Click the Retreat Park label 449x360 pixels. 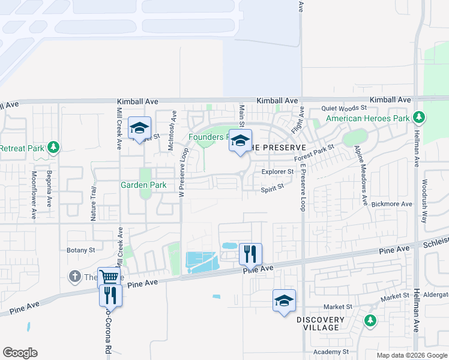pyautogui.click(x=22, y=148)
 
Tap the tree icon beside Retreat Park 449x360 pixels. pyautogui.click(x=53, y=147)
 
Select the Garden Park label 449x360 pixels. pyautogui.click(x=143, y=185)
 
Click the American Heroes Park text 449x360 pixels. pyautogui.click(x=367, y=118)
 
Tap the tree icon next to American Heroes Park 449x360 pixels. pyautogui.click(x=419, y=118)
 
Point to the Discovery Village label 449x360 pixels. pyautogui.click(x=320, y=323)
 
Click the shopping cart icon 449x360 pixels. pyautogui.click(x=109, y=277)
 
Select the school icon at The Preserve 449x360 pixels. pyautogui.click(x=241, y=141)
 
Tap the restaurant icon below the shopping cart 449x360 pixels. pyautogui.click(x=110, y=295)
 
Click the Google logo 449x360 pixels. pyautogui.click(x=20, y=353)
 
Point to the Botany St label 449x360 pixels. pyautogui.click(x=81, y=250)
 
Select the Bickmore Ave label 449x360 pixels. pyautogui.click(x=391, y=204)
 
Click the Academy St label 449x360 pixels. pyautogui.click(x=331, y=352)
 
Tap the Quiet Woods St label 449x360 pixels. pyautogui.click(x=343, y=108)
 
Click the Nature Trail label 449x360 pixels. pyautogui.click(x=94, y=203)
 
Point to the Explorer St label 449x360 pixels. pyautogui.click(x=277, y=172)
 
